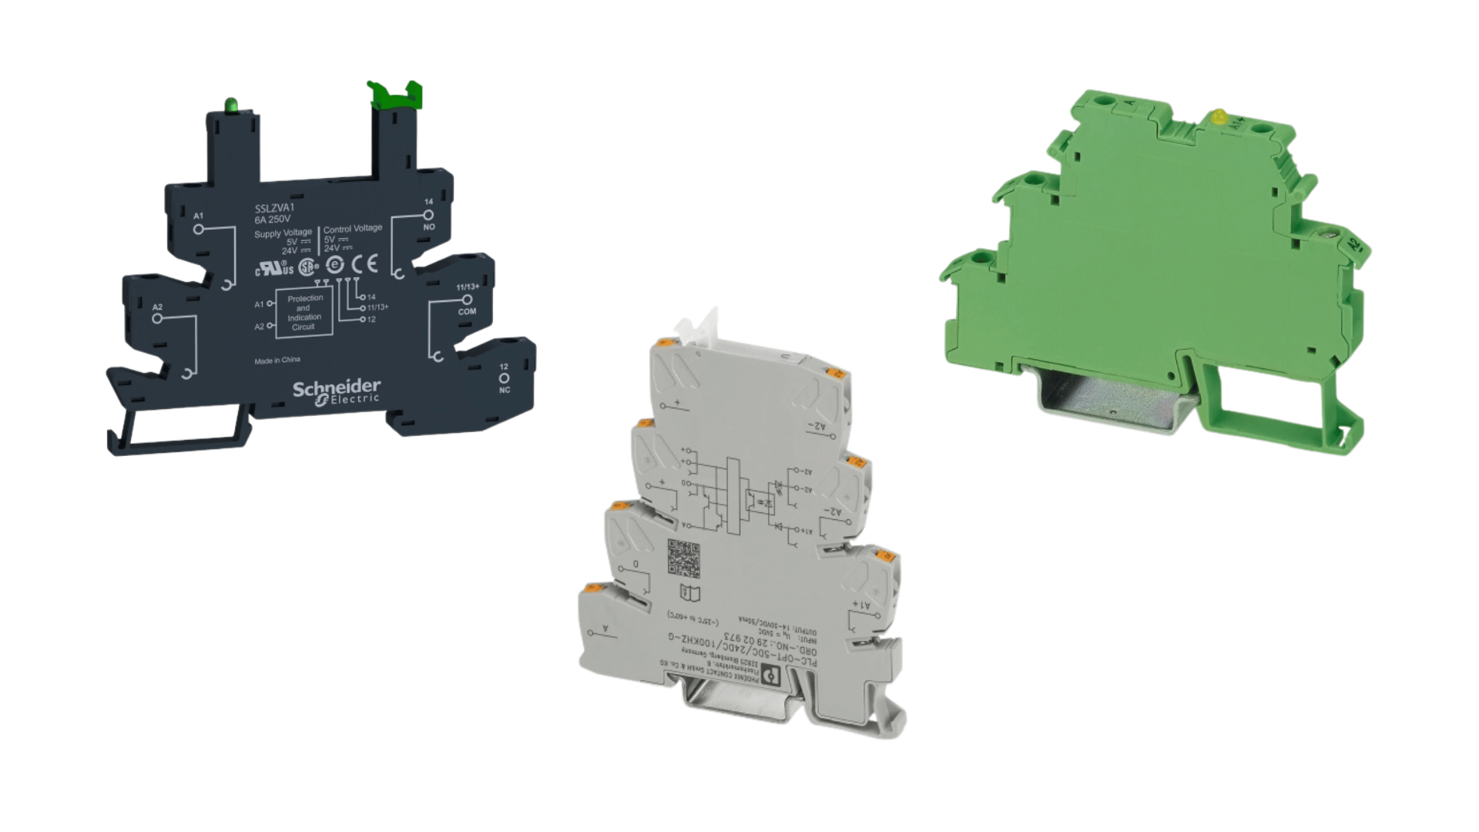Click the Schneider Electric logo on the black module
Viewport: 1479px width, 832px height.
[x=337, y=391]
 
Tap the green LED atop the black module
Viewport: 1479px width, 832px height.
[x=230, y=105]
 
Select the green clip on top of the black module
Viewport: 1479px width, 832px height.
[x=394, y=94]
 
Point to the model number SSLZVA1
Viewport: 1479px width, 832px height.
[x=274, y=208]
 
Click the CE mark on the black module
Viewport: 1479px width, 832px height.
[x=364, y=264]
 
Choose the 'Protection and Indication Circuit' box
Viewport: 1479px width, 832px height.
[x=304, y=312]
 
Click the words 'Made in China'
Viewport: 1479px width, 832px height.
[x=277, y=361]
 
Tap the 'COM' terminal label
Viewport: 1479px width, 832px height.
[x=467, y=311]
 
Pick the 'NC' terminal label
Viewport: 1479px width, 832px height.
[x=505, y=390]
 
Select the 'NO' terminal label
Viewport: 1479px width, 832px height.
[x=429, y=226]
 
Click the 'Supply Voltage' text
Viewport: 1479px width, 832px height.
[x=283, y=233]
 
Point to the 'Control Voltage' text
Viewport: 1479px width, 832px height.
[x=353, y=229]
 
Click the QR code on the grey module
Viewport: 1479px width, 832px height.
[x=683, y=559]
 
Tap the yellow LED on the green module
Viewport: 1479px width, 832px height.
[x=1219, y=117]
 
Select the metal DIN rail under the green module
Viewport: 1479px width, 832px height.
[x=1109, y=401]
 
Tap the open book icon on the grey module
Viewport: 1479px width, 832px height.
[x=690, y=593]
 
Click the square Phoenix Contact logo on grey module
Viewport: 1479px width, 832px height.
[x=771, y=676]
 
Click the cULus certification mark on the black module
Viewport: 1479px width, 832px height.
[x=274, y=268]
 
